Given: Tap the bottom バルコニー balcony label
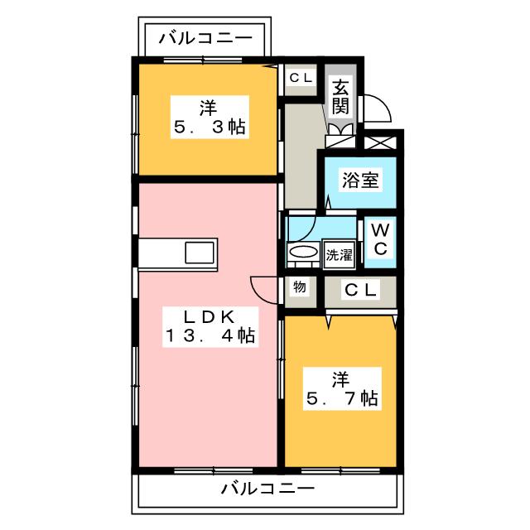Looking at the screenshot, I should coord(267,488).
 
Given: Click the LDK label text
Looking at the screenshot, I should coord(210,316).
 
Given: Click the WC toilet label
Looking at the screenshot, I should coord(380,238).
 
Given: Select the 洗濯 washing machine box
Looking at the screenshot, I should coord(339,255).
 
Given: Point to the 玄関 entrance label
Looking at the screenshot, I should coord(340,95).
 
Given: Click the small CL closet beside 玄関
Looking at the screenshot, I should coord(300,78).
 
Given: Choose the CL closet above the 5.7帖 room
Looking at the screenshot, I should coord(360,291).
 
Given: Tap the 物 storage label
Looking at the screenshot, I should coord(299,287).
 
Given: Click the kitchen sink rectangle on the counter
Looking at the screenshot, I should coord(199,253).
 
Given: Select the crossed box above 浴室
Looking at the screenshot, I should coord(382,142).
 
